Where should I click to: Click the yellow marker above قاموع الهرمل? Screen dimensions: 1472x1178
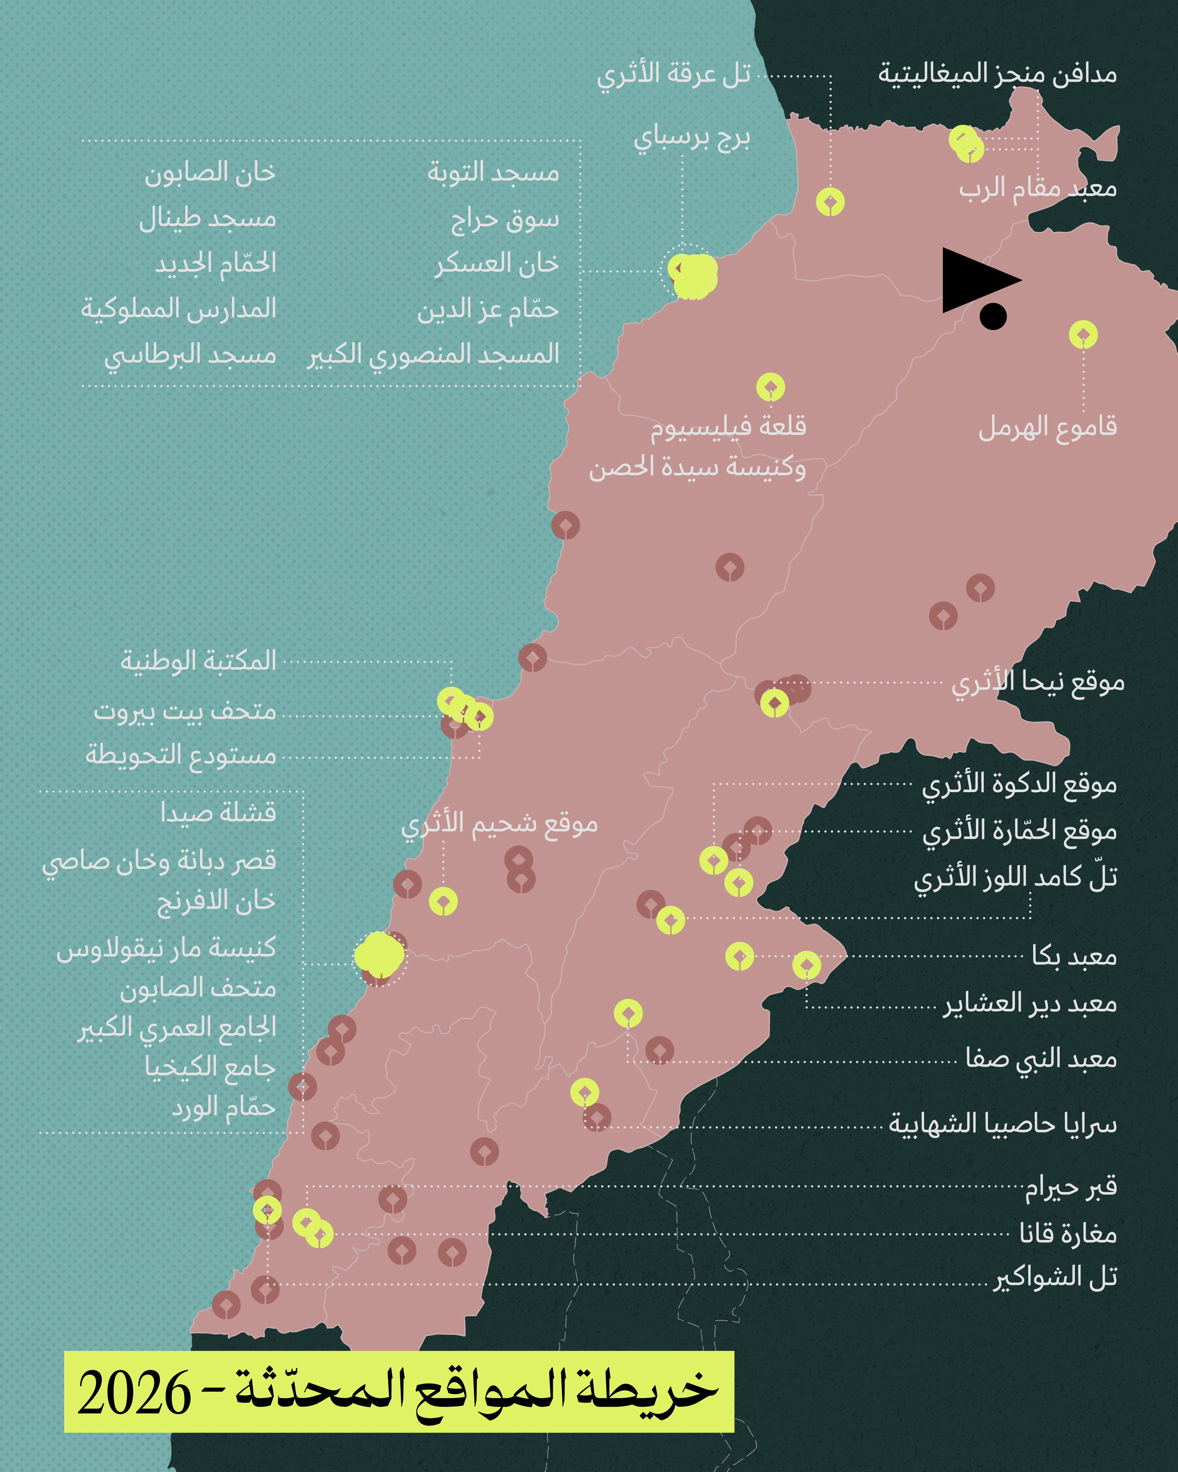tap(1083, 334)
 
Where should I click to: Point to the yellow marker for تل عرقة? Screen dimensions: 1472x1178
tap(830, 202)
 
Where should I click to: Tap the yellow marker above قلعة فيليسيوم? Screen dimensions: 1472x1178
tap(770, 387)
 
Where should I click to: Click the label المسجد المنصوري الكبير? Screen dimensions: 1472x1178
tap(433, 355)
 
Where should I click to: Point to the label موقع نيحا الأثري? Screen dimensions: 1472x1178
tap(1038, 682)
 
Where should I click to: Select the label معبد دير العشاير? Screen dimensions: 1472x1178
tap(1030, 1004)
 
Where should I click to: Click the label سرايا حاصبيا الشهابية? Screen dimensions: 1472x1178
tap(1003, 1123)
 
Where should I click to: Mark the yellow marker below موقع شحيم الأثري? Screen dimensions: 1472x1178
tap(443, 901)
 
